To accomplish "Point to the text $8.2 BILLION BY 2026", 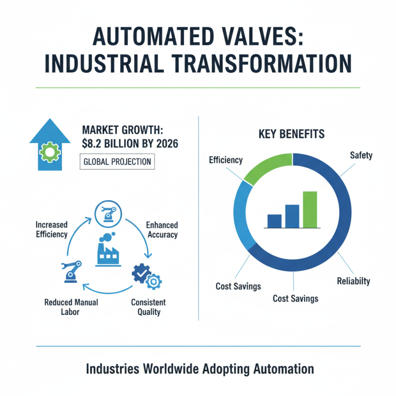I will click(130, 145).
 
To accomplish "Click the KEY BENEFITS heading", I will click(292, 134).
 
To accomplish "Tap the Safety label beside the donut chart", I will click(361, 156).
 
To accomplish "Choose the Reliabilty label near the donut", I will click(353, 281).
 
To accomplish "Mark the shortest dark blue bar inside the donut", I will click(274, 221).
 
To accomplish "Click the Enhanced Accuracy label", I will click(162, 230).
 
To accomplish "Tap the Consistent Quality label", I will click(148, 307).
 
